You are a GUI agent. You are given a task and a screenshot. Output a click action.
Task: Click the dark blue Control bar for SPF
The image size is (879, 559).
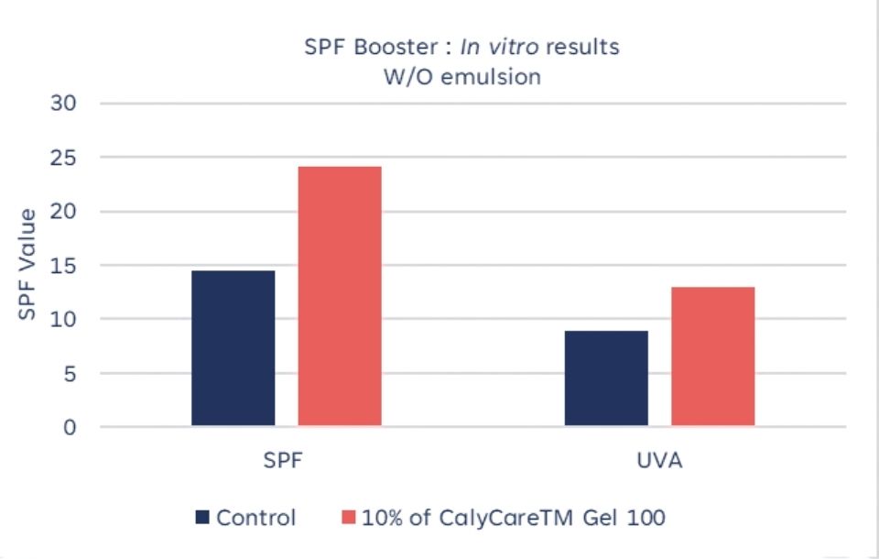pos(233,348)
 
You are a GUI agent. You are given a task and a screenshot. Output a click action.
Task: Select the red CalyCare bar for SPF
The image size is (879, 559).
pos(340,296)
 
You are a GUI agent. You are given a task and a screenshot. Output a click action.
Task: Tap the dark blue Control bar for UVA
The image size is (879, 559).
pos(606,378)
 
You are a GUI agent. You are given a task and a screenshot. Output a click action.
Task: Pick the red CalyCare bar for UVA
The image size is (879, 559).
pos(713,356)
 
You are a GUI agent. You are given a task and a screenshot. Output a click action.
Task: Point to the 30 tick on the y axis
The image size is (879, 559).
pos(69,104)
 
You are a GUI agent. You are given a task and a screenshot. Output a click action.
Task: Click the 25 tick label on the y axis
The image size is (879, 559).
pos(69,158)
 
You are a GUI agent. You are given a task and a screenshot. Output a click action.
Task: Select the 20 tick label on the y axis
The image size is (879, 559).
pos(69,212)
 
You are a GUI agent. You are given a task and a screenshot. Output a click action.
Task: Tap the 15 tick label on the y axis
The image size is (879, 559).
pos(69,266)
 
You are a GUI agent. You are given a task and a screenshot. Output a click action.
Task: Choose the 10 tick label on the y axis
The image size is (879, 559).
pos(69,320)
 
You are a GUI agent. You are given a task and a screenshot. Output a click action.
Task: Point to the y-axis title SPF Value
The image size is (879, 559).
pos(27,265)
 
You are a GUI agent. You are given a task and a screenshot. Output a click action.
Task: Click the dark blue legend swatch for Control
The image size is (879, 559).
pos(202,518)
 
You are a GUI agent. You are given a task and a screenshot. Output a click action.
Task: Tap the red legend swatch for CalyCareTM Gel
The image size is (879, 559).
pos(348,518)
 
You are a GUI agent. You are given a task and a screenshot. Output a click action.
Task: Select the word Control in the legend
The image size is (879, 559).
pos(256,518)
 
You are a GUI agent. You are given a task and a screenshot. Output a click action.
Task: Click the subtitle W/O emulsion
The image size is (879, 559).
pos(461,76)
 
